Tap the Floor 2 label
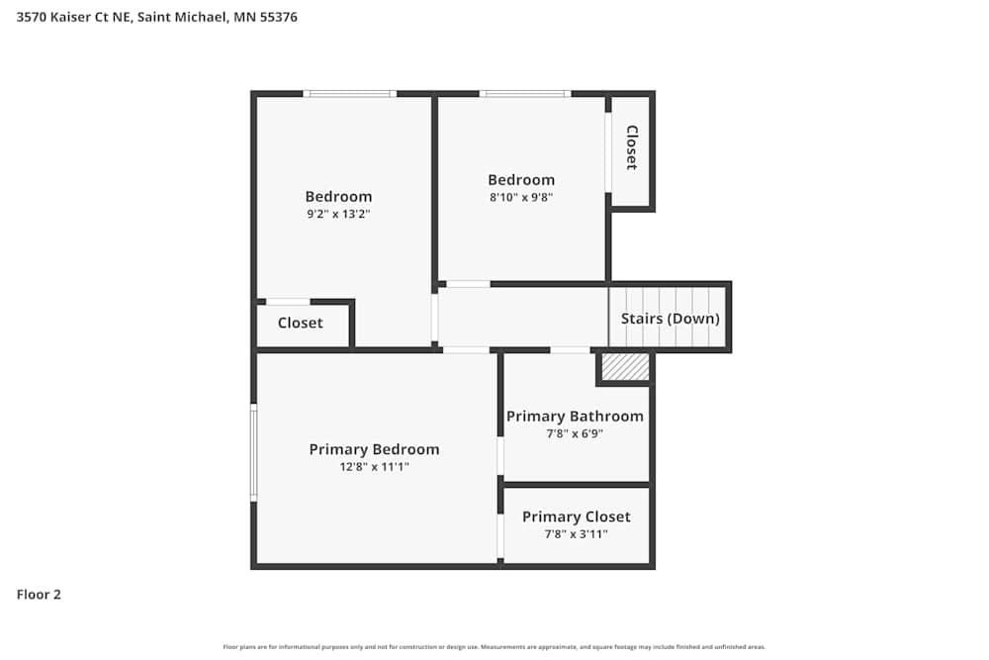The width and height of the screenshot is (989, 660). pos(39,595)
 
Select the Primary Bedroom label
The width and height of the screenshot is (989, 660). pos(374,449)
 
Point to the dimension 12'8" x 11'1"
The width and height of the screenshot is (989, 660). pos(374,467)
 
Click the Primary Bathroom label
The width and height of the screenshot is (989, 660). pos(575,417)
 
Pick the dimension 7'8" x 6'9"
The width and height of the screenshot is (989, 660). pos(575,433)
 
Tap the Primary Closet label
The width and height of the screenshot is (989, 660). pos(576,517)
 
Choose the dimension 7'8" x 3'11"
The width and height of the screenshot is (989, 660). pos(576,534)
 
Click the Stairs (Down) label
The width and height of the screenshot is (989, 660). pos(670,319)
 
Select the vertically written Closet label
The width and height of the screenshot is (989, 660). pos(631,147)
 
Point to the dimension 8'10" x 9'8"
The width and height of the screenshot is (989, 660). pos(521,197)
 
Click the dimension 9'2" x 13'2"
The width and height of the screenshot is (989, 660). pos(338,214)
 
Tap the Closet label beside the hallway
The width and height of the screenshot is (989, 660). pos(300,323)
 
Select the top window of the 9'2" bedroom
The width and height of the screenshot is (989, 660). pos(349,94)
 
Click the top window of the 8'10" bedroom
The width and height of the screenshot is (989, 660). pos(524,94)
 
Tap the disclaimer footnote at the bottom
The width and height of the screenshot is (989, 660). pos(494,647)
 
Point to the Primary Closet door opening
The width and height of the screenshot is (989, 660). pos(500,535)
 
